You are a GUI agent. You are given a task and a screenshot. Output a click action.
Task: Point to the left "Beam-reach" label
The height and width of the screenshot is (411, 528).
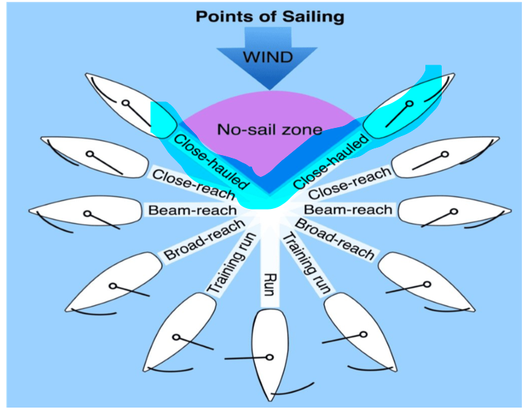(x=192, y=210)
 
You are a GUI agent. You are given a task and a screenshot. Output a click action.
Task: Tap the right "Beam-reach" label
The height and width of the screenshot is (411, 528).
(x=348, y=210)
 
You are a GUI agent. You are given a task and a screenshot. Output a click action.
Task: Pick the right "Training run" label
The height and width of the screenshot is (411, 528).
(x=306, y=263)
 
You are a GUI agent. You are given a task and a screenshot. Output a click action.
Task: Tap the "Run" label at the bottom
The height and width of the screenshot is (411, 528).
(x=268, y=280)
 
